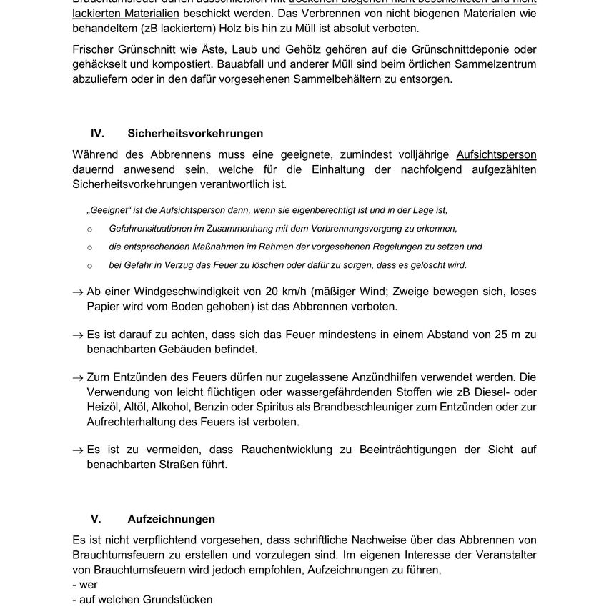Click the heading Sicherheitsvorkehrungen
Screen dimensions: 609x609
(x=185, y=134)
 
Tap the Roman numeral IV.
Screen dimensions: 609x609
(x=97, y=134)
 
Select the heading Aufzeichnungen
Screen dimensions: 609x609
(x=171, y=519)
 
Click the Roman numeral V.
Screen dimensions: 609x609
(x=96, y=519)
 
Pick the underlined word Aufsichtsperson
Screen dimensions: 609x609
(x=496, y=154)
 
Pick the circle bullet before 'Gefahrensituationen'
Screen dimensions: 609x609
(x=89, y=229)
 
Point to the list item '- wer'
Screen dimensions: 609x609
(x=85, y=584)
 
